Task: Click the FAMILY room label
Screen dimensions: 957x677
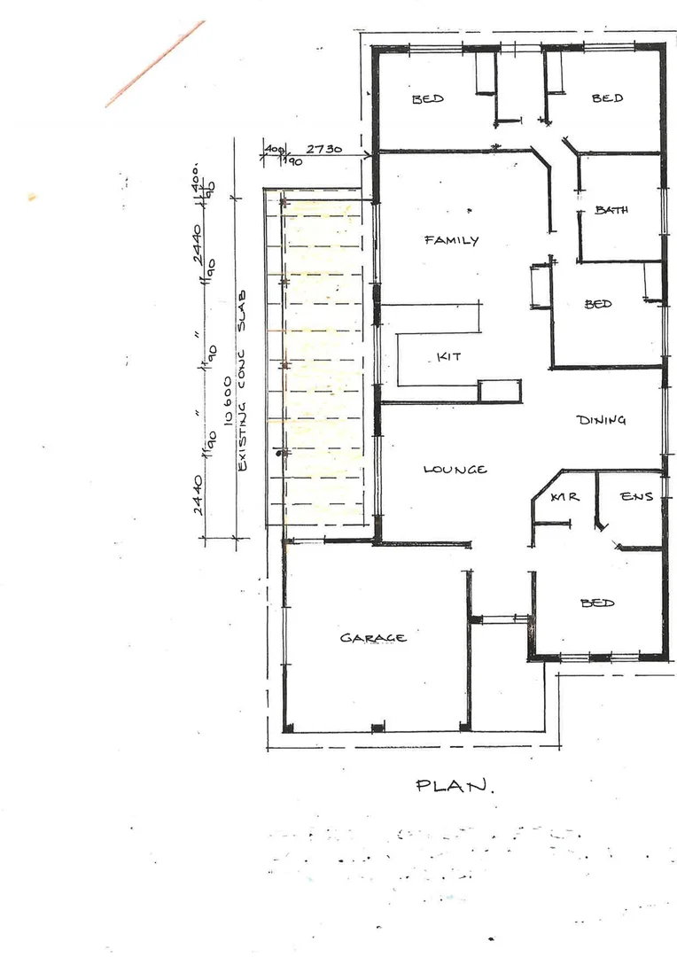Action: (x=451, y=240)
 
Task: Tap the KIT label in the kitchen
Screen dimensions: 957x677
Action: (x=448, y=356)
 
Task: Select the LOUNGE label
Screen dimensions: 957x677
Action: (x=455, y=469)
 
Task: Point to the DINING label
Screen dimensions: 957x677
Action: (x=601, y=420)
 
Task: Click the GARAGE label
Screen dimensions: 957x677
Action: (x=373, y=637)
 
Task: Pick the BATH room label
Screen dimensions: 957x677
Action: (x=611, y=210)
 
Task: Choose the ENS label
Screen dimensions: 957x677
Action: (x=636, y=497)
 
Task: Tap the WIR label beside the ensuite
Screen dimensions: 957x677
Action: (x=564, y=497)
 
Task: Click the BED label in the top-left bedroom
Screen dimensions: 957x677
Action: (x=427, y=99)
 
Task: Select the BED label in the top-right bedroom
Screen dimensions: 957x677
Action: (x=607, y=98)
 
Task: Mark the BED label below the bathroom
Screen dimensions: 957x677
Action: (x=598, y=304)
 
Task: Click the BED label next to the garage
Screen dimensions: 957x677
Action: (x=597, y=603)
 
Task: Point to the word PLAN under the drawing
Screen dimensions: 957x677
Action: (x=455, y=785)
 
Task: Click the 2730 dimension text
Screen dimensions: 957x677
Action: (x=324, y=150)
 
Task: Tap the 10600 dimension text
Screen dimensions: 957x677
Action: (x=229, y=415)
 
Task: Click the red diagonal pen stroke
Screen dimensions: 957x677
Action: (x=154, y=64)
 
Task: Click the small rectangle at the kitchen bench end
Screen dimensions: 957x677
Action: (x=500, y=391)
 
